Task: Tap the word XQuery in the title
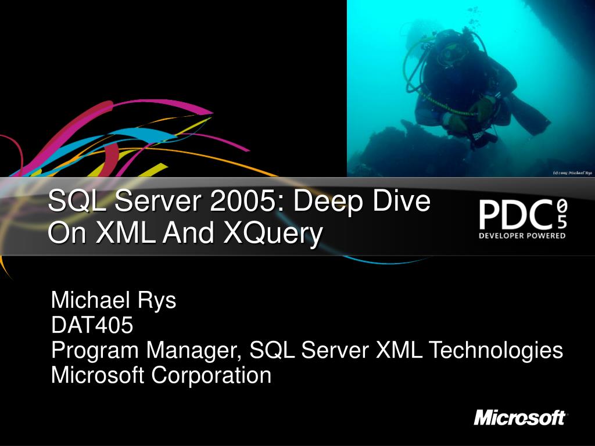coord(273,233)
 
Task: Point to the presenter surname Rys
coord(156,300)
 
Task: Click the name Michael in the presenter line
coord(91,300)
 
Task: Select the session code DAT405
coord(92,325)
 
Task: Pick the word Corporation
coord(212,375)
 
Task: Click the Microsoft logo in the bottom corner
coord(519,418)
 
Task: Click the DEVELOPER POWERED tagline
coord(522,236)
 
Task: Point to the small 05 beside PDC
coord(561,214)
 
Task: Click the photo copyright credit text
coord(572,173)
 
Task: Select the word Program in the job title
coord(95,350)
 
